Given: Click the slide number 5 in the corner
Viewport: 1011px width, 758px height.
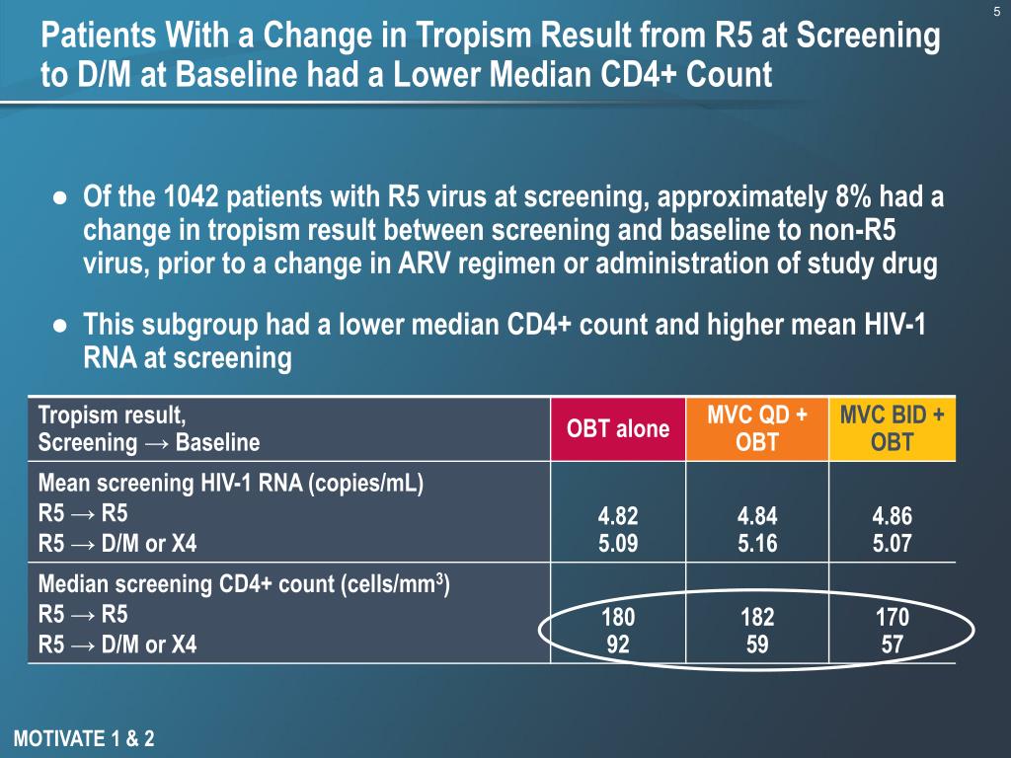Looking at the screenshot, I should click(995, 12).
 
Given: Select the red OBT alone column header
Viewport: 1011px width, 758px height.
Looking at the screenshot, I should click(617, 428).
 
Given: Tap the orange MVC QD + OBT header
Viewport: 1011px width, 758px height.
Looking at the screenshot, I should click(757, 428).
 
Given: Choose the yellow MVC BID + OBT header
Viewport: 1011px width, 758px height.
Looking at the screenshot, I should click(892, 428).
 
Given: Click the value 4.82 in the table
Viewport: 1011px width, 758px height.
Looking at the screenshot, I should click(618, 515).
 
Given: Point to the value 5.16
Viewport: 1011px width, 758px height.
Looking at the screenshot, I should click(757, 540).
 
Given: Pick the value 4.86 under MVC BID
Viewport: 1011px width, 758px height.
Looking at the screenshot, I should click(893, 515).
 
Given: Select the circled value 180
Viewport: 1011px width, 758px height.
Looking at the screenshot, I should click(618, 619).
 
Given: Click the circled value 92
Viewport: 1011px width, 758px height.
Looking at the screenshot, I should click(618, 644).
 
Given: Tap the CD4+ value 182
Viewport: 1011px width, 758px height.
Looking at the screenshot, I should click(757, 619).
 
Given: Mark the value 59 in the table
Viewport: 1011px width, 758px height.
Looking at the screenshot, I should click(757, 644).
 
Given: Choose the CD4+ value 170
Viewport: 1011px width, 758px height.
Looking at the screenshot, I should click(893, 619).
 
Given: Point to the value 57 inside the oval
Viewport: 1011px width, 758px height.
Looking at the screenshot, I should click(893, 644).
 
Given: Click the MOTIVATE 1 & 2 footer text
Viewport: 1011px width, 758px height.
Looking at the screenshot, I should click(85, 738).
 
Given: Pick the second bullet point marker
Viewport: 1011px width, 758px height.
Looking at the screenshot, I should click(60, 326).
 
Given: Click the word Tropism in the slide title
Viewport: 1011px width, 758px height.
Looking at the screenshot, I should click(463, 38).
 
